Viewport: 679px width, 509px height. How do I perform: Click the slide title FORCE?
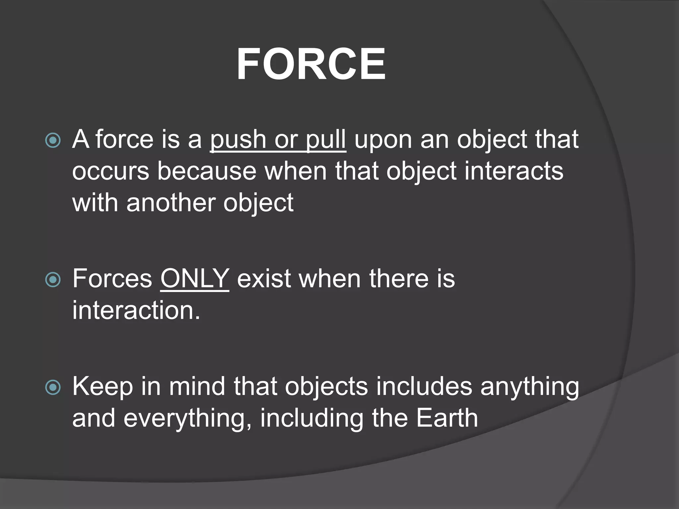[311, 64]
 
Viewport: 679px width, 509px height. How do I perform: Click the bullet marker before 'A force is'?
[53, 140]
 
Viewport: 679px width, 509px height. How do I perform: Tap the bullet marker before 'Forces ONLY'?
[53, 280]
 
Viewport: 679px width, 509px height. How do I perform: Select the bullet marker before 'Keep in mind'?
[53, 387]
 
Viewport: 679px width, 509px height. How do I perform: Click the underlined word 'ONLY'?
[195, 278]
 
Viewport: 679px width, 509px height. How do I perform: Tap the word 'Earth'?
[447, 418]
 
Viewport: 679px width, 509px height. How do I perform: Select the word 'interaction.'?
[136, 310]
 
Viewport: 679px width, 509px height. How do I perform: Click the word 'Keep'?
[102, 386]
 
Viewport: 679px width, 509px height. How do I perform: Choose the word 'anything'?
[529, 386]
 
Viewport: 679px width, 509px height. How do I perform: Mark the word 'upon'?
[383, 140]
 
